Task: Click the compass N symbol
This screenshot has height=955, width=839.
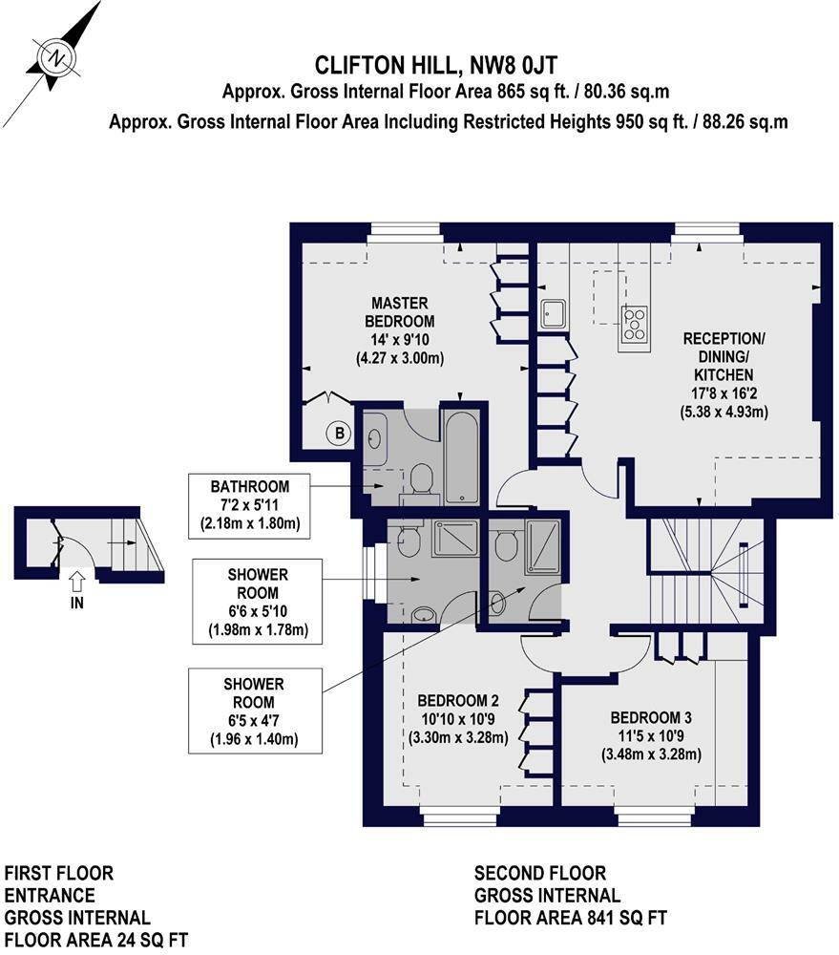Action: (57, 58)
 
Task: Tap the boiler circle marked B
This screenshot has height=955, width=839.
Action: (340, 433)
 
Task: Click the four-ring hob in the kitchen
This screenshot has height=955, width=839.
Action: (634, 324)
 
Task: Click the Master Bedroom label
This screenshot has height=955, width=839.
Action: (399, 330)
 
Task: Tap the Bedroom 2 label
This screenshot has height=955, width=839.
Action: (458, 719)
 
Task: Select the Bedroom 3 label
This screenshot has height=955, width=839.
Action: (651, 736)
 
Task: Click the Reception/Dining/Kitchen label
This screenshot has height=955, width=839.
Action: (724, 375)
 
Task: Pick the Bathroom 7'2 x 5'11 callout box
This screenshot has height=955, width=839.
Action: (250, 505)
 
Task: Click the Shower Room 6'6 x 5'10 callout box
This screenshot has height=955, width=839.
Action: (257, 602)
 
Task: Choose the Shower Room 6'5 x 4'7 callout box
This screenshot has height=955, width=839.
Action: (255, 711)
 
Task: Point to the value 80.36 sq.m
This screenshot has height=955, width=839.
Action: (626, 92)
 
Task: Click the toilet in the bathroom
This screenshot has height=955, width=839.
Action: (421, 480)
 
